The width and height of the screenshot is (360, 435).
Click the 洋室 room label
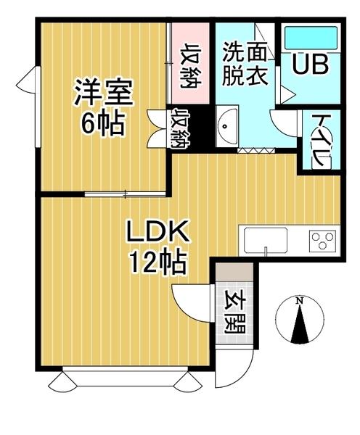click(102, 94)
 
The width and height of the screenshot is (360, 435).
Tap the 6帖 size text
click(102, 124)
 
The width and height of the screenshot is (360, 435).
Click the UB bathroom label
click(310, 65)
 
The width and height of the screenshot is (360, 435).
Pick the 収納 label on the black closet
click(178, 128)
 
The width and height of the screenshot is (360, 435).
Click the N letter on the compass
click(299, 301)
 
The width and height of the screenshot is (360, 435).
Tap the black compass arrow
click(299, 325)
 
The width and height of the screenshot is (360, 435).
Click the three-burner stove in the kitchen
click(322, 239)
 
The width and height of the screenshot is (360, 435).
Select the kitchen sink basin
click(265, 240)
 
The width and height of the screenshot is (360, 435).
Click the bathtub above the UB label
click(310, 36)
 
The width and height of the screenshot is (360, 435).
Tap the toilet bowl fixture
click(321, 161)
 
